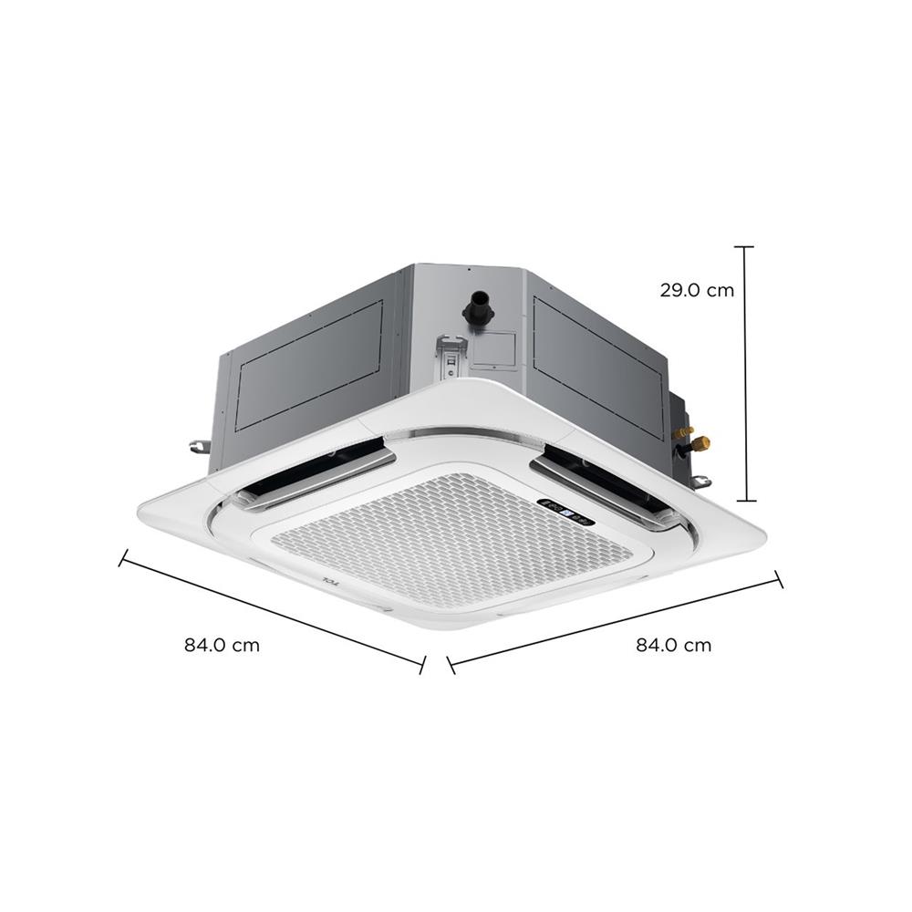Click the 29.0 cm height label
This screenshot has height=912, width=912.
[x=697, y=290]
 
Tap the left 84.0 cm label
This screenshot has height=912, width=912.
[x=222, y=646]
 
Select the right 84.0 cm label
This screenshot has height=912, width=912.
[x=673, y=646]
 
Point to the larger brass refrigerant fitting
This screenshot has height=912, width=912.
[x=701, y=443]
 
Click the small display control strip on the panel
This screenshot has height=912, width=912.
[x=566, y=513]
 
